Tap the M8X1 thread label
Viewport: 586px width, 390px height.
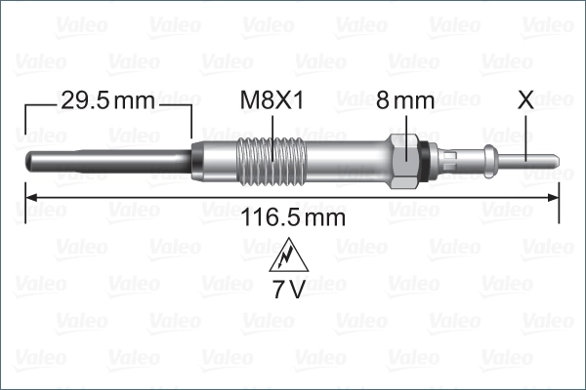pos(272,99)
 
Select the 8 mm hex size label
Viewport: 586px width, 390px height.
pos(404,99)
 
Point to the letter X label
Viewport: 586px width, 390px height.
pos(525,99)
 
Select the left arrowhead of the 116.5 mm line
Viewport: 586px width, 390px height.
pos(29,197)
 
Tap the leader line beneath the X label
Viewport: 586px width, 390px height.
pos(526,132)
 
